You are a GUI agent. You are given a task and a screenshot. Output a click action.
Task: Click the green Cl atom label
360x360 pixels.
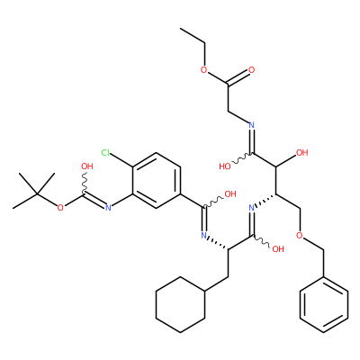(x=105, y=153)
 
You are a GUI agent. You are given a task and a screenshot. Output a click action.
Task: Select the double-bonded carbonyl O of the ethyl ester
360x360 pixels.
(x=252, y=70)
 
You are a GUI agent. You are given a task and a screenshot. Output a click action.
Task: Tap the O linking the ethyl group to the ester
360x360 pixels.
(x=204, y=70)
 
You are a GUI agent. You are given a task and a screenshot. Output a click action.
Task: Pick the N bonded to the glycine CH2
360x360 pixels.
(x=252, y=125)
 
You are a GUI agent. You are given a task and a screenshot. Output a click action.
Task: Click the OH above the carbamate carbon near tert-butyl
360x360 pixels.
(x=87, y=166)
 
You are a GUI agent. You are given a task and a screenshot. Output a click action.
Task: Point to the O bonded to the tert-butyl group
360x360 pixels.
(x=60, y=208)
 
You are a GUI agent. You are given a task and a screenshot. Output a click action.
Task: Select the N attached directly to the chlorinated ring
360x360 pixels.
(x=108, y=208)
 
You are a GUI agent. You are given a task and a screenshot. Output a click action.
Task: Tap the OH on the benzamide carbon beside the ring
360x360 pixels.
(x=230, y=194)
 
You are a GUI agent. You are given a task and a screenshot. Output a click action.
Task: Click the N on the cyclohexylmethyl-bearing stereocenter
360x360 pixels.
(x=204, y=236)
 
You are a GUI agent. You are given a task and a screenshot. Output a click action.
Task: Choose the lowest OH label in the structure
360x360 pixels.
(x=278, y=249)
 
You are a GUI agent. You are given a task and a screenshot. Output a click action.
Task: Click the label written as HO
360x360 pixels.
(x=225, y=166)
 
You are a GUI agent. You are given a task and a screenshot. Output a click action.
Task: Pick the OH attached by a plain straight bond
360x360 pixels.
(x=302, y=153)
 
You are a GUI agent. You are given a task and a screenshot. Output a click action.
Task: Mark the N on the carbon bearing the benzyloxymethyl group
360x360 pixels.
(x=252, y=208)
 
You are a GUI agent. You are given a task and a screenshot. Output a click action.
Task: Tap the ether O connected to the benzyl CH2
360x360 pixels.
(x=300, y=235)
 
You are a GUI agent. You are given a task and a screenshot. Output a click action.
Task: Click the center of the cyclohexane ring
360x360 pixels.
(x=180, y=304)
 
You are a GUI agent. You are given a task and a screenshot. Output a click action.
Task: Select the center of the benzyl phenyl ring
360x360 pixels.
(x=324, y=304)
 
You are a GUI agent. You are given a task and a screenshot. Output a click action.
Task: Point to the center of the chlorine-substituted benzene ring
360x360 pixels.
(x=157, y=180)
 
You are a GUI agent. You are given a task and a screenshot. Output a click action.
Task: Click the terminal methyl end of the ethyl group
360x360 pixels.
(x=181, y=29)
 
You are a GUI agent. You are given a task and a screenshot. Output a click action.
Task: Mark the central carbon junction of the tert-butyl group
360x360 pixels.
(x=37, y=194)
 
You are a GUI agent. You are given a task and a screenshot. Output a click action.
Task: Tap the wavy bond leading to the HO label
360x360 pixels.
(x=242, y=159)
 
